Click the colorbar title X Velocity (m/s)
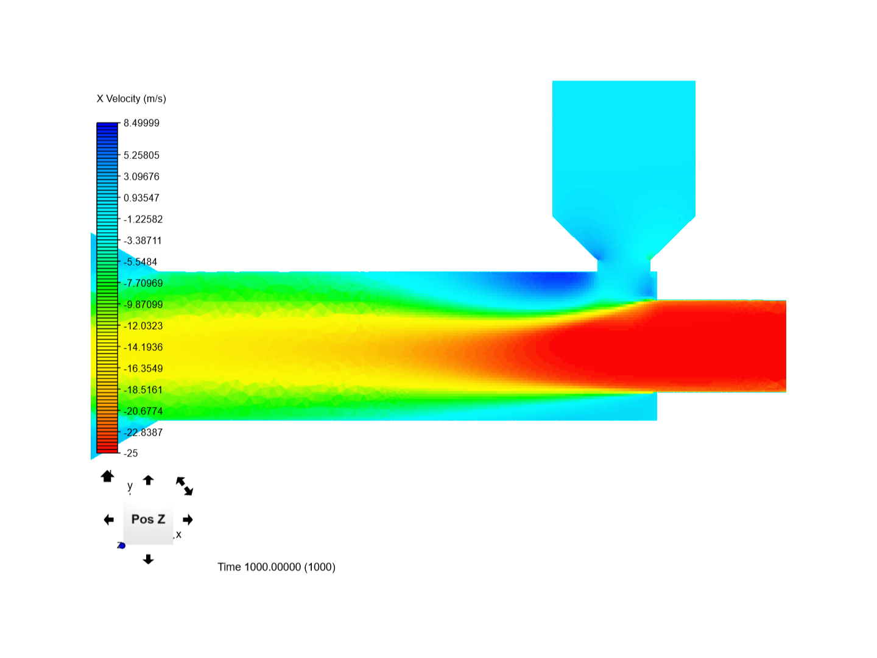coord(131,99)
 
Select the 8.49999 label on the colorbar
coord(141,122)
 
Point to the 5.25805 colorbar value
coord(141,155)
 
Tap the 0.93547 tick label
coord(141,198)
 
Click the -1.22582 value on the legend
coord(143,219)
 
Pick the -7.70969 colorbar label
coord(143,283)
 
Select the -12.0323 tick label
coord(143,325)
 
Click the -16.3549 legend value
coord(143,368)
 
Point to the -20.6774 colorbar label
coord(143,411)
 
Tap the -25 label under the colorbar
coord(131,453)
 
